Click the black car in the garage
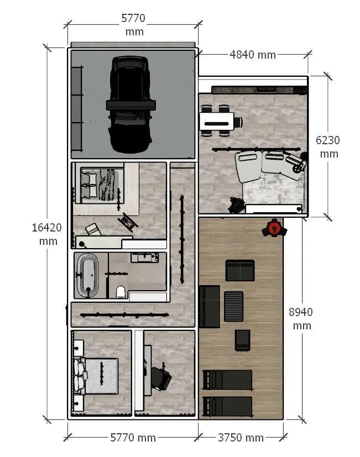pyautogui.click(x=131, y=104)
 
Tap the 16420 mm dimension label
pyautogui.click(x=47, y=234)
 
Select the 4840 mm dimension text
pyautogui.click(x=253, y=55)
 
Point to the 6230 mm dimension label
pyautogui.click(x=328, y=147)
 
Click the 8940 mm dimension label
pyautogui.click(x=301, y=318)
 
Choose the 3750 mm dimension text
pyautogui.click(x=241, y=438)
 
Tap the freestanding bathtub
pyautogui.click(x=87, y=275)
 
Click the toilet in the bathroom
pyautogui.click(x=121, y=292)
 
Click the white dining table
pyautogui.click(x=217, y=121)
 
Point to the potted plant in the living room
pyautogui.click(x=236, y=205)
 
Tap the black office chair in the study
pyautogui.click(x=161, y=379)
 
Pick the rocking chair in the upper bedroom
pyautogui.click(x=128, y=222)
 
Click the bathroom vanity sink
pyautogui.click(x=145, y=258)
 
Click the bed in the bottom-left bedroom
pyautogui.click(x=96, y=376)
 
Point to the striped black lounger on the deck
pyautogui.click(x=233, y=306)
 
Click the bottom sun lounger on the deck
pyautogui.click(x=227, y=406)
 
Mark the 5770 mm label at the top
pyautogui.click(x=134, y=25)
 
